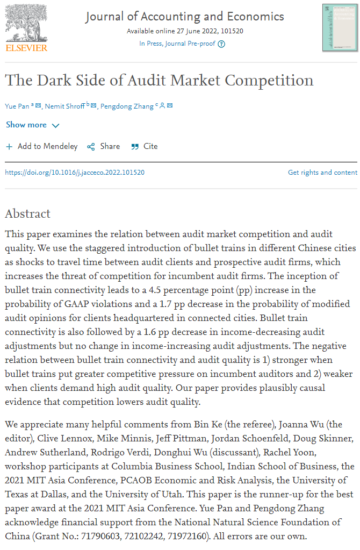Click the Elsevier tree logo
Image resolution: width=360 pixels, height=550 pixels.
pos(26,22)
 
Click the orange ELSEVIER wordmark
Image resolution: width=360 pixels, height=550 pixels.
pos(26,48)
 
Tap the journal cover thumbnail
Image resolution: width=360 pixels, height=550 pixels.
pos(340,27)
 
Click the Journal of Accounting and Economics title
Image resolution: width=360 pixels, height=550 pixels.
pos(185,17)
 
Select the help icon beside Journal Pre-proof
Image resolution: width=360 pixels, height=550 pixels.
pos(221,44)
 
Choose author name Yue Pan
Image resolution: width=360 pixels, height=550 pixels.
pos(17,106)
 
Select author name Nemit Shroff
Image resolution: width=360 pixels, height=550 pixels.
pos(64,106)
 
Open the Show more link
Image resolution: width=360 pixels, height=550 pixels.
pos(26,125)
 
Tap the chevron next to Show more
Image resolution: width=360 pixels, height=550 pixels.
pos(55,125)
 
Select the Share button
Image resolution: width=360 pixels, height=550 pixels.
pos(104,146)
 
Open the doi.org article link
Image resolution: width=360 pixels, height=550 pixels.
pos(75,173)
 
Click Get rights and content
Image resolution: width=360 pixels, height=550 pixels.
pos(322,173)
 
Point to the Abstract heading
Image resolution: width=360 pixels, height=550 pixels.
pos(27,213)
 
